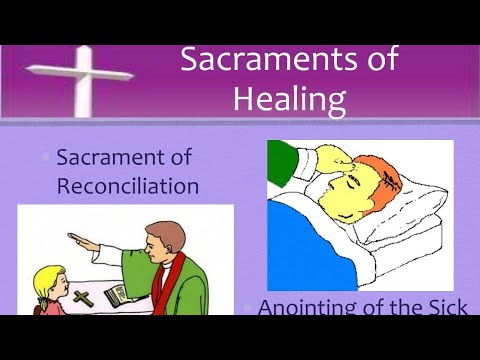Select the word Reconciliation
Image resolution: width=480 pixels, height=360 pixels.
tap(127, 186)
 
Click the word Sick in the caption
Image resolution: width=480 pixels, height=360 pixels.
tap(444, 308)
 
